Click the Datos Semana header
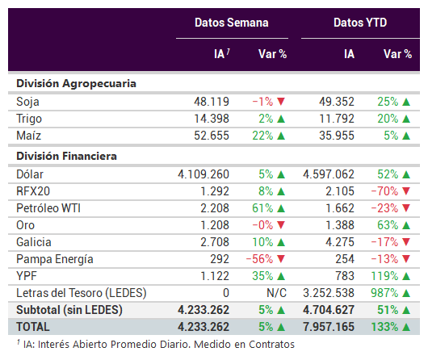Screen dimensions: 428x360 coord(232,23)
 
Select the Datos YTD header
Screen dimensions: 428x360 coord(360,23)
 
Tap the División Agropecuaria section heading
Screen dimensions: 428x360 coord(76,83)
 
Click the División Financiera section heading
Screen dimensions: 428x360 coord(66,156)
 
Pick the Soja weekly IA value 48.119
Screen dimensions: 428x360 coord(212,102)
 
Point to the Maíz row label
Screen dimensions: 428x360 coord(28,136)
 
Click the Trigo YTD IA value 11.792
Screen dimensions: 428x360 coord(337,119)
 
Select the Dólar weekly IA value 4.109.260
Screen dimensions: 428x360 coord(204,174)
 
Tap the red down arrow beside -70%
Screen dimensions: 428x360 coord(406,191)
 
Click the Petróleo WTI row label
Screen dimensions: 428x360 coord(48,208)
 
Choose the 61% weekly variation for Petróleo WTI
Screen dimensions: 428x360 coord(262,208)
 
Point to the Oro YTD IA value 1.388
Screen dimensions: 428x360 coord(340,225)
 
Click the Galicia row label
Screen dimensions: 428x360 coord(34,242)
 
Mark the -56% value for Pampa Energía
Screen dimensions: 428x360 coord(259,259)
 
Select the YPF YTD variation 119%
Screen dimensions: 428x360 coord(384,276)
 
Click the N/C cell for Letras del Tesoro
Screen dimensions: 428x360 coord(276,293)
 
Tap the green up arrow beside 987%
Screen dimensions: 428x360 coord(406,293)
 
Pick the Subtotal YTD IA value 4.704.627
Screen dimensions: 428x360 coord(329,310)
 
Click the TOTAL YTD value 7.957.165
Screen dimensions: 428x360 coord(329,327)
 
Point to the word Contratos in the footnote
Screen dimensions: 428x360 coord(271,345)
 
